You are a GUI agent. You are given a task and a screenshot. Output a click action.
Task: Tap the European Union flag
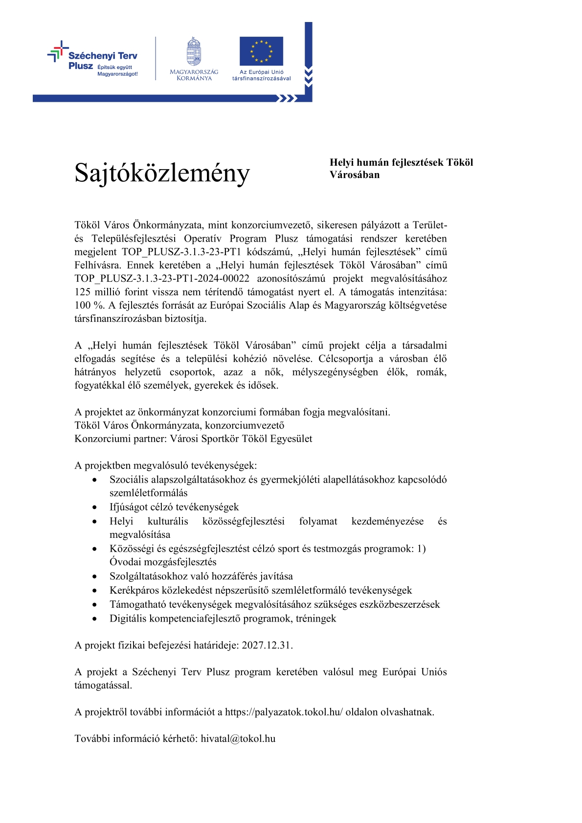261,51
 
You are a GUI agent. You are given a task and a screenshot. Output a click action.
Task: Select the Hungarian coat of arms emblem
194,52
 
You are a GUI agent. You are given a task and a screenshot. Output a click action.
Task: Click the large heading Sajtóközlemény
162,173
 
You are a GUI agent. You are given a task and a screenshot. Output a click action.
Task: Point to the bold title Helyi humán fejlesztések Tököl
401,163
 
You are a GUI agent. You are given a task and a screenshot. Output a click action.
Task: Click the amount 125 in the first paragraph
83,292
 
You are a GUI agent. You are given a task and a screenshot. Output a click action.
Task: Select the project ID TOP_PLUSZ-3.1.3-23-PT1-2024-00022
162,279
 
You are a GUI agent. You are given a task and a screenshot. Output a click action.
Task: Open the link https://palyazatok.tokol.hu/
284,712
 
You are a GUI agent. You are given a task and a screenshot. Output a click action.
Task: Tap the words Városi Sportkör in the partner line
201,439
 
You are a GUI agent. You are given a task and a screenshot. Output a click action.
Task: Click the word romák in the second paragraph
431,372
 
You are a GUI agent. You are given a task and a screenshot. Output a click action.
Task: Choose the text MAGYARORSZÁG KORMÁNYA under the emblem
194,75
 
